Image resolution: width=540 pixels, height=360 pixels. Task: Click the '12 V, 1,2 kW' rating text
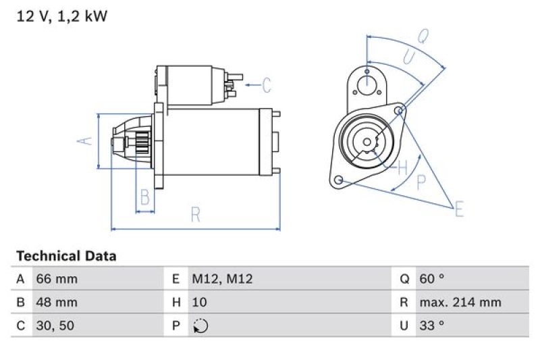(x=61, y=16)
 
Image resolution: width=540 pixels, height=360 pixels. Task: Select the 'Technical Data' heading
(x=66, y=256)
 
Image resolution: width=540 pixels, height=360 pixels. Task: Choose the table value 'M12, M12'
(x=222, y=279)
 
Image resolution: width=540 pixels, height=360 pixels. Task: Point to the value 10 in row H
(x=199, y=302)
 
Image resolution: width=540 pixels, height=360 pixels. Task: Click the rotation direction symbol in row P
(x=200, y=326)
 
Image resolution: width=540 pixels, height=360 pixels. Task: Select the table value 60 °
(x=432, y=279)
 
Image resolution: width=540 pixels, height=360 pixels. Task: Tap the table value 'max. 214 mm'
(x=460, y=302)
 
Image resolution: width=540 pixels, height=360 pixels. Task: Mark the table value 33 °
(x=432, y=326)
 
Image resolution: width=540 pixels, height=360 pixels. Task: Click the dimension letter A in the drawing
(x=83, y=140)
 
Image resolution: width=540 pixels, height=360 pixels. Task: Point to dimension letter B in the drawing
(x=144, y=198)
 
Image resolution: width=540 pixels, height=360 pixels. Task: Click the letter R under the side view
(x=195, y=215)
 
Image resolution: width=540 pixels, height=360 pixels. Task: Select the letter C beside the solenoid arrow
(x=267, y=85)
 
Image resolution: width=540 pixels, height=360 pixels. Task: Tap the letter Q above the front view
(x=423, y=37)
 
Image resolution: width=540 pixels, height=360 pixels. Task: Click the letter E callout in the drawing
(x=459, y=209)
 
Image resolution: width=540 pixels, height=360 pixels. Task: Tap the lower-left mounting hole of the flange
(x=339, y=180)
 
